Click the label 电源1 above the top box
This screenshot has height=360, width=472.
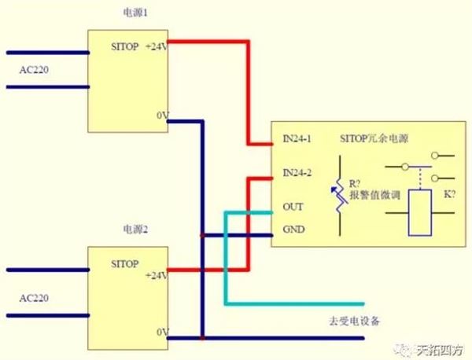coord(135,13)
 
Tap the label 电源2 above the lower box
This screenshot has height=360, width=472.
coord(135,230)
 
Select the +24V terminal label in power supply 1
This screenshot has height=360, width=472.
coord(155,49)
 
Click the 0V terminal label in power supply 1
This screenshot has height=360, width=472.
coord(163,116)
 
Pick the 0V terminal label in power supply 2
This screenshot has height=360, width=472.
coord(163,332)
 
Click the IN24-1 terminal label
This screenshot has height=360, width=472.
coord(297,140)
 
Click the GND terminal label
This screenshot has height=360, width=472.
coord(293,230)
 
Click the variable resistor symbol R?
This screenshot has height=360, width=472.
coord(339,197)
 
